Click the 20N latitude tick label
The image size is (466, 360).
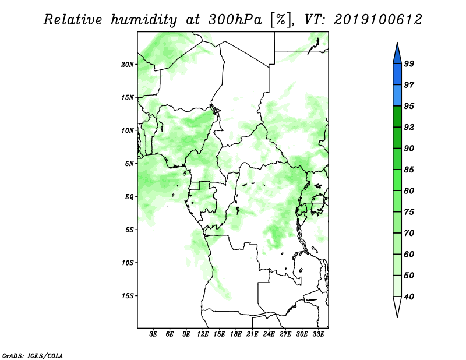pos(128,64)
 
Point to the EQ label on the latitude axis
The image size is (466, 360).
pos(129,196)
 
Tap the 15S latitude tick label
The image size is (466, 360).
pos(128,296)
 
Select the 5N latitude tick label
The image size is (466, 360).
pos(129,164)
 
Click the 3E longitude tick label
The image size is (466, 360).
pos(153,334)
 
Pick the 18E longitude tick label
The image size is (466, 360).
pos(236,334)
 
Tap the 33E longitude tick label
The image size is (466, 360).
pos(318,334)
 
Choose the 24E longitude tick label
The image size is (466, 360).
pos(269,334)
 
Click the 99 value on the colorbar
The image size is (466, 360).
pos(409,63)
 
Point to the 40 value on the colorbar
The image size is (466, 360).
pos(409,297)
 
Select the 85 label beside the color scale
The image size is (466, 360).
pos(409,170)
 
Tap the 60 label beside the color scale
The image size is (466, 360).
pos(409,254)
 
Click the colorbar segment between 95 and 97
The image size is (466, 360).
pos(397,96)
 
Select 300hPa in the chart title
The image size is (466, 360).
pos(235,20)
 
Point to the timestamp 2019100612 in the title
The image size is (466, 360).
pos(377,20)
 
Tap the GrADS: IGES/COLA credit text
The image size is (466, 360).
pos(33,356)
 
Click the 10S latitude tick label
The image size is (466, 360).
pos(128,263)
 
